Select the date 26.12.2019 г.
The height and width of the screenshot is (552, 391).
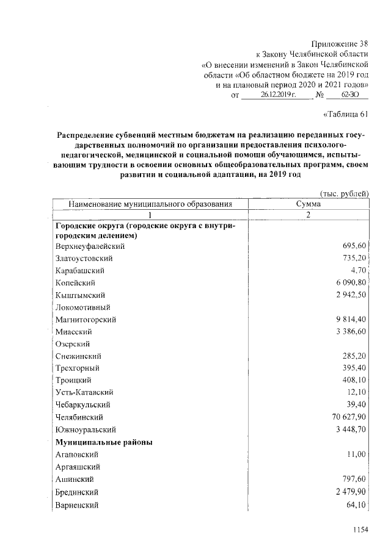[x=277, y=96]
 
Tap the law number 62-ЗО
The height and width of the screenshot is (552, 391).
[x=345, y=96]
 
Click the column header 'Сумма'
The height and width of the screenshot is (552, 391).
[x=309, y=204]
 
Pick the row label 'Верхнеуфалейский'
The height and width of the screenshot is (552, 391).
[x=90, y=246]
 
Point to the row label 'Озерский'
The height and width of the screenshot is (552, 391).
[x=72, y=344]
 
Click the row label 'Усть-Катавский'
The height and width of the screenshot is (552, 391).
[x=84, y=393]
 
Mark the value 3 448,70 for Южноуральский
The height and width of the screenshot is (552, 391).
[x=348, y=429]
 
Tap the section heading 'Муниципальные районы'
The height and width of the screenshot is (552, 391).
[x=104, y=442]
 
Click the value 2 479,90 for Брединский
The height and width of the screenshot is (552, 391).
[x=348, y=492]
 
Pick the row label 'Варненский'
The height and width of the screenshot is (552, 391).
[x=76, y=504]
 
